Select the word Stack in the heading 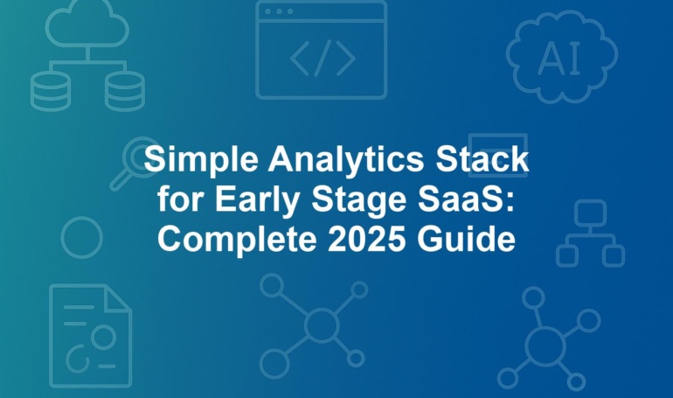(x=482, y=159)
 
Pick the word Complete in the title (x=237, y=240)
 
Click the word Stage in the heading (x=358, y=200)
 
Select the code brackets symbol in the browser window (x=323, y=59)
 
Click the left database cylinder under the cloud (x=50, y=92)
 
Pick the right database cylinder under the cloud (x=125, y=92)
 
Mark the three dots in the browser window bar (x=279, y=11)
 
